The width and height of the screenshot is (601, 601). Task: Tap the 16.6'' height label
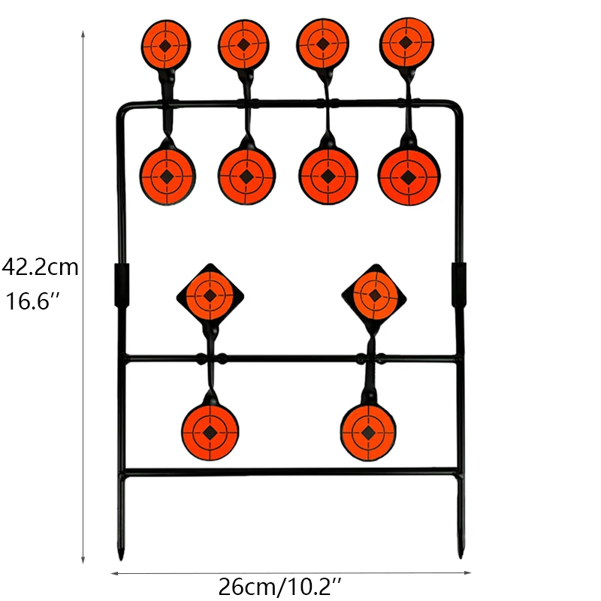[34, 302]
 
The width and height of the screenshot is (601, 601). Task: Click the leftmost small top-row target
[166, 45]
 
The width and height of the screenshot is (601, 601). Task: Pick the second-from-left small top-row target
[243, 44]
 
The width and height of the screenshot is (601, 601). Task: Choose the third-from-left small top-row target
[322, 44]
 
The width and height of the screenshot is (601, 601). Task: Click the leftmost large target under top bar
[167, 176]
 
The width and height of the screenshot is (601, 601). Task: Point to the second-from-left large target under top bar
[246, 177]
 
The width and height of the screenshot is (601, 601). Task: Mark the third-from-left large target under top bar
[328, 177]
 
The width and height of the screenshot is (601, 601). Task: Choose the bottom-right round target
[368, 432]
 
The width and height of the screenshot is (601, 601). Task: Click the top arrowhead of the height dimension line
[83, 34]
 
